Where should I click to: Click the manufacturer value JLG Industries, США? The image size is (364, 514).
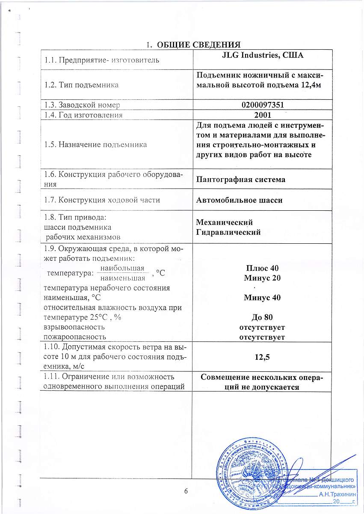click(x=262, y=55)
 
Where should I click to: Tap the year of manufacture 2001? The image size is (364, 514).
click(x=262, y=115)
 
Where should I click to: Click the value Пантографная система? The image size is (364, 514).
click(x=240, y=179)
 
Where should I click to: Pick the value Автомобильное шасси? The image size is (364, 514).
click(x=239, y=200)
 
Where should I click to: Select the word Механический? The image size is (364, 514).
click(x=224, y=223)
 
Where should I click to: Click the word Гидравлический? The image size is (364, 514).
click(x=228, y=232)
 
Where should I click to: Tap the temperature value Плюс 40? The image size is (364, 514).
click(x=262, y=269)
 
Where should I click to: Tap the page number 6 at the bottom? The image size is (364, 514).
click(x=186, y=491)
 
